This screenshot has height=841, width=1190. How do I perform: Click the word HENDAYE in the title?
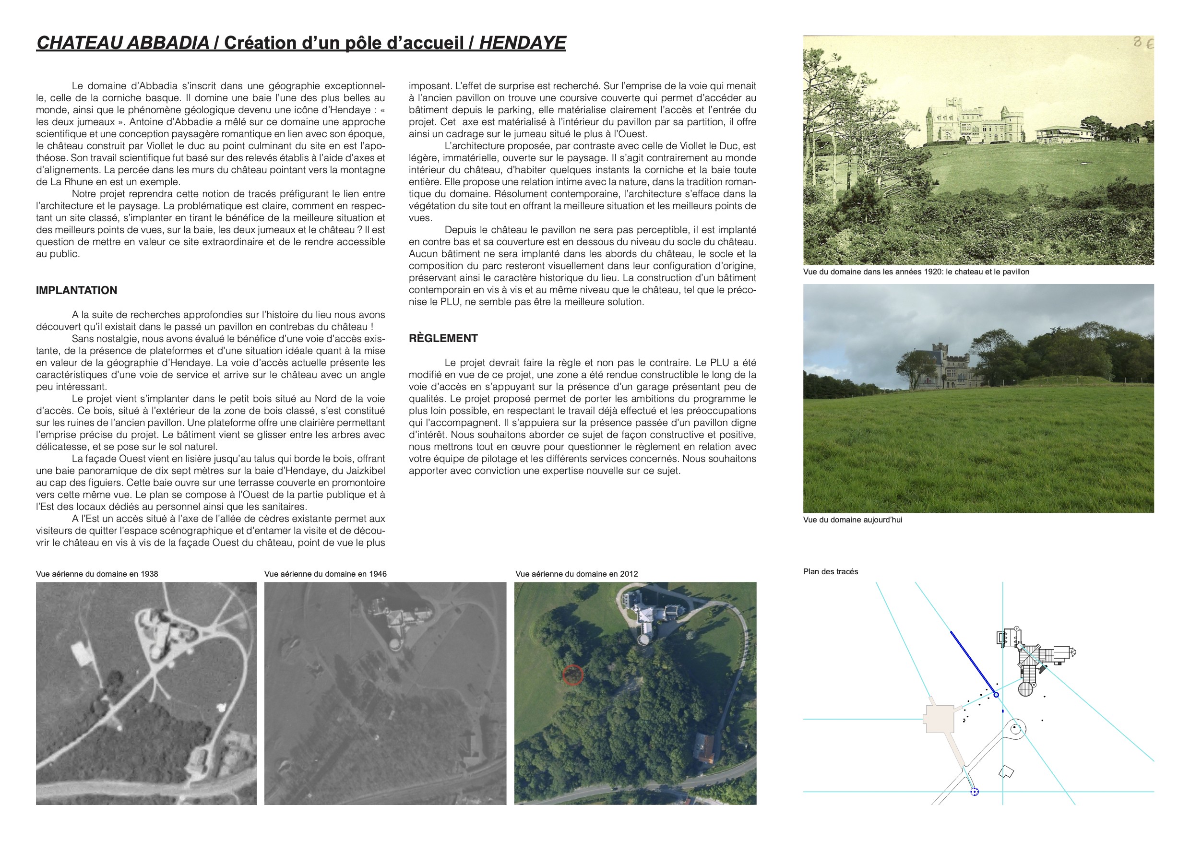click(522, 43)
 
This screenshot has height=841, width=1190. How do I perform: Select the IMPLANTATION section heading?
click(76, 290)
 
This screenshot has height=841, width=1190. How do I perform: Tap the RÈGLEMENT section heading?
click(443, 338)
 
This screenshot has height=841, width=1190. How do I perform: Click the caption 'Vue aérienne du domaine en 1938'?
click(97, 574)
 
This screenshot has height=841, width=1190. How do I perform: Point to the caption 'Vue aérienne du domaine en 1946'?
click(325, 574)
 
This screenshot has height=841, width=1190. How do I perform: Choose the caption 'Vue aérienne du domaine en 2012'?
click(576, 574)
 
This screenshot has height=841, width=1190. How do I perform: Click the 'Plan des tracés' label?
click(830, 571)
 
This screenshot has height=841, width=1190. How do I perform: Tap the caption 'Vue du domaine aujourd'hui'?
click(853, 520)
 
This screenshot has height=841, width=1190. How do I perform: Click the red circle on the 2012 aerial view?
click(573, 675)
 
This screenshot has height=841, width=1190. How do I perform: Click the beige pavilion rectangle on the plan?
click(940, 719)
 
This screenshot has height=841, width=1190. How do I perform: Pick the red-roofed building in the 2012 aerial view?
click(705, 747)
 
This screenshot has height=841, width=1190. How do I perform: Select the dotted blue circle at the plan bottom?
click(975, 791)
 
